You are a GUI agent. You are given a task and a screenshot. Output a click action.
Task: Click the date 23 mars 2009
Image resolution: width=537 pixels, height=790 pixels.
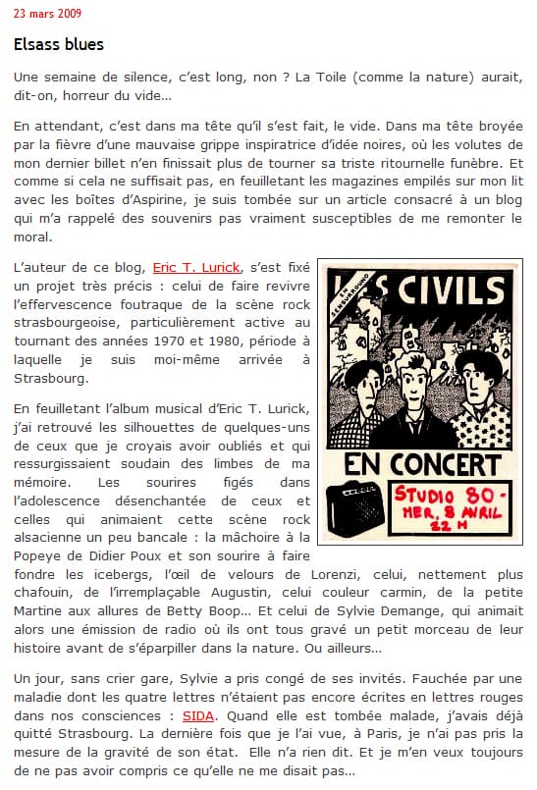click(48, 14)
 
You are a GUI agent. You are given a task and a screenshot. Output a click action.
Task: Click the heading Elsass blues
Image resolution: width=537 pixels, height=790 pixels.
click(59, 45)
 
